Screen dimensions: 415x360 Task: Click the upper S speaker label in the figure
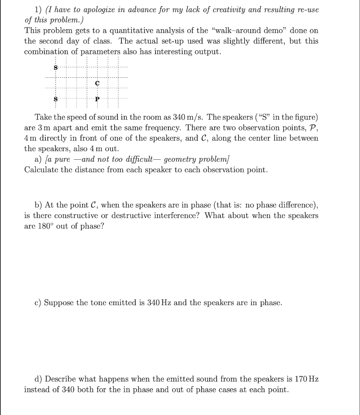(55, 68)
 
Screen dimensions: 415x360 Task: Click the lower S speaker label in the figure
(55, 98)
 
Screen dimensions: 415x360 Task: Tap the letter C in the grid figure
(97, 83)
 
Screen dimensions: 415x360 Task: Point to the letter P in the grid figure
(97, 98)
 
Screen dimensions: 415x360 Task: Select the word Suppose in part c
(60, 303)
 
